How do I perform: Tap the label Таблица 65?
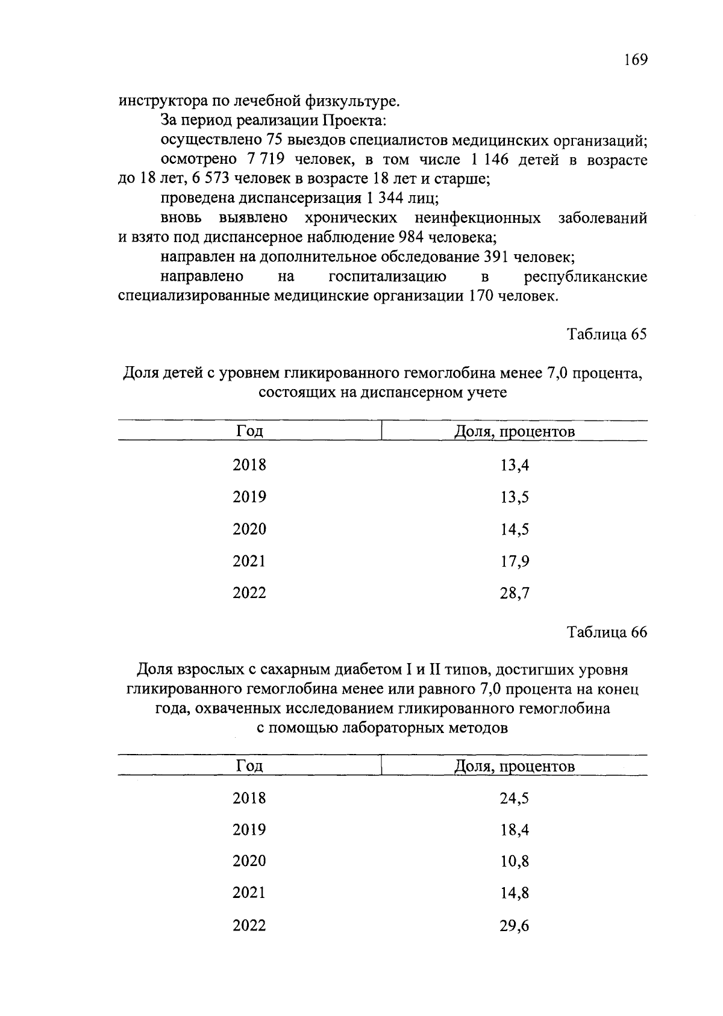pyautogui.click(x=607, y=334)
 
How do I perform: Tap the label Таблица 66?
pyautogui.click(x=607, y=632)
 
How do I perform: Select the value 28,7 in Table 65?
pyautogui.click(x=514, y=594)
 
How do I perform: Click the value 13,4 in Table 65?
pyautogui.click(x=514, y=466)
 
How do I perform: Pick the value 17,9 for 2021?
pyautogui.click(x=514, y=562)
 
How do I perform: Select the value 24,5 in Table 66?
pyautogui.click(x=514, y=799)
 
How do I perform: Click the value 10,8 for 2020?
pyautogui.click(x=514, y=862)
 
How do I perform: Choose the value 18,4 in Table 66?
pyautogui.click(x=514, y=831)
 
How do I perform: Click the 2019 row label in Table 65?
pyautogui.click(x=249, y=497)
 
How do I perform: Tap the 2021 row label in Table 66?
pyautogui.click(x=249, y=893)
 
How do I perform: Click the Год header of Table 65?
pyautogui.click(x=249, y=432)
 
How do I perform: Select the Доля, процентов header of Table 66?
pyautogui.click(x=514, y=766)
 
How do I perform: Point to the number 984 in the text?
pyautogui.click(x=411, y=237)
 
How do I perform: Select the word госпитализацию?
pyautogui.click(x=387, y=277)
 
